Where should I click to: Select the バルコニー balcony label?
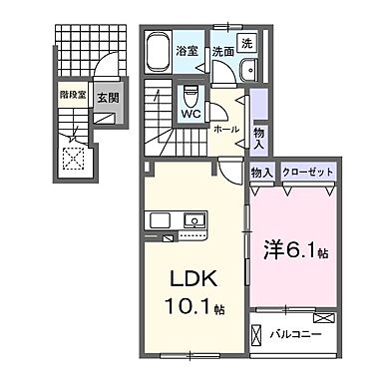point(296,334)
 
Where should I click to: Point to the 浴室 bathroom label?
point(188,49)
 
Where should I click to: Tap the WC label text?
point(191,114)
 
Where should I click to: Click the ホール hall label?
point(225,129)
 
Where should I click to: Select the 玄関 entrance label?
point(108,98)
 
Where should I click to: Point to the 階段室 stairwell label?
point(73,98)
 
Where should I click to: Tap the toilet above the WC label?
point(191,96)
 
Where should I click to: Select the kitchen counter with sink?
point(178,220)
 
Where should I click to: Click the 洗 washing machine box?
point(247,44)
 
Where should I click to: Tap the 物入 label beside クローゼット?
point(262,173)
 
